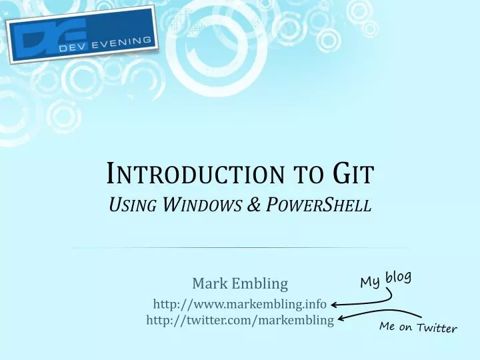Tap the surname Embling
pyautogui.click(x=259, y=284)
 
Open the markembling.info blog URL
pyautogui.click(x=239, y=305)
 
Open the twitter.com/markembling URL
pyautogui.click(x=239, y=321)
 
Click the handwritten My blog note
pyautogui.click(x=385, y=279)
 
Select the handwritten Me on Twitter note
pyautogui.click(x=418, y=327)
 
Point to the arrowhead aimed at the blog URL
pyautogui.click(x=336, y=305)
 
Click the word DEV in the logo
pyautogui.click(x=71, y=52)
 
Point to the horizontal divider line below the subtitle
pyautogui.click(x=239, y=248)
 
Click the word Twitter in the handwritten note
pyautogui.click(x=436, y=328)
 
